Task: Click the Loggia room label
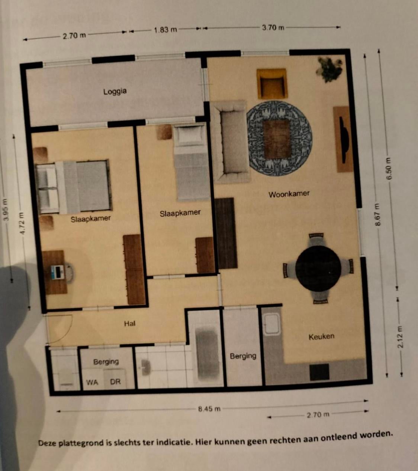[115, 91]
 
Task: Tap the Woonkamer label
[289, 194]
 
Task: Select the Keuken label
[321, 337]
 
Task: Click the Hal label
[130, 324]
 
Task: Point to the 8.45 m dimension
[209, 409]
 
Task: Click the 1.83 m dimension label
[165, 30]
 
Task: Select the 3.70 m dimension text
[273, 27]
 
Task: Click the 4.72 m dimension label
[22, 223]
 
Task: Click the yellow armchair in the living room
[272, 84]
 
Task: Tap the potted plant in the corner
[329, 69]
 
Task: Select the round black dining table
[318, 269]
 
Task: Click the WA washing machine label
[92, 382]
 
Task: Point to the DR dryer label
[115, 381]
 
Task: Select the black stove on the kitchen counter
[319, 372]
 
